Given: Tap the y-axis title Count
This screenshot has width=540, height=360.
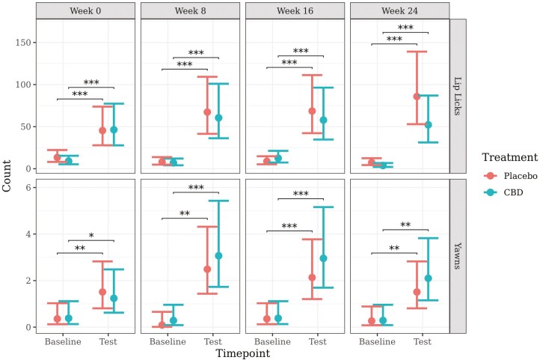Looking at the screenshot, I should (8, 175).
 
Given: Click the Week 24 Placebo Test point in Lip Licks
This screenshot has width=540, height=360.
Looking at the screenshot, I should (417, 97).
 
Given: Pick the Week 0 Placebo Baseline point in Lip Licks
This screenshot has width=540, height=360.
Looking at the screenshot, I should (58, 157).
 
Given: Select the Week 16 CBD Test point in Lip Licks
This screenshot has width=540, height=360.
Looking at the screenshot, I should (323, 120).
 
